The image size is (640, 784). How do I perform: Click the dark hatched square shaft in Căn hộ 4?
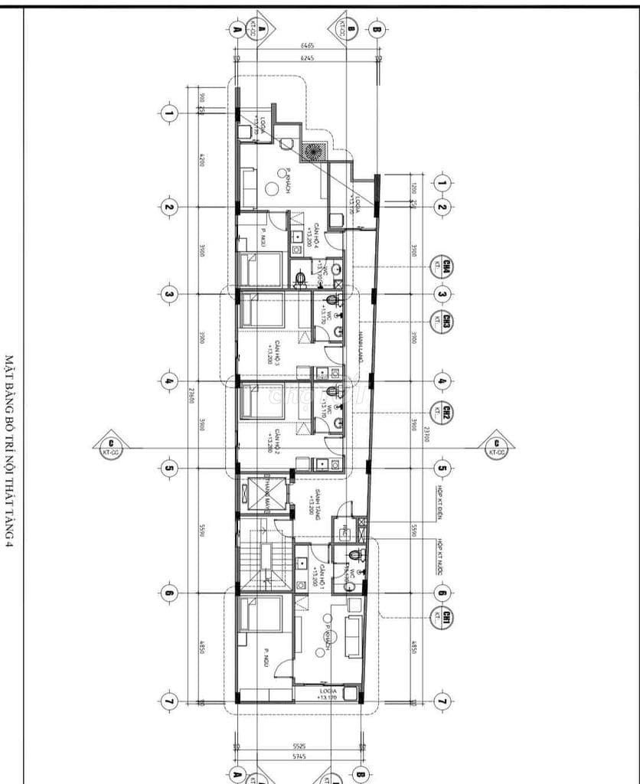coord(314,152)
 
